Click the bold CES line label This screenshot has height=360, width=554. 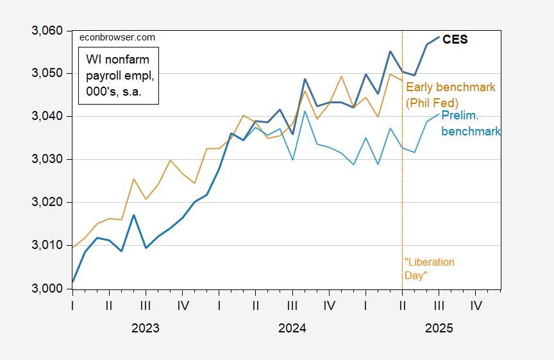click(x=455, y=40)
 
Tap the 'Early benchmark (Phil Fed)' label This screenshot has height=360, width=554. click(x=451, y=94)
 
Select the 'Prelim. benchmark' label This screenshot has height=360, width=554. click(x=471, y=123)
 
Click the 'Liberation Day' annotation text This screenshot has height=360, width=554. click(x=430, y=268)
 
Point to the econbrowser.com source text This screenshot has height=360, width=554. click(x=117, y=38)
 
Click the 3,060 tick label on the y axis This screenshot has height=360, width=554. click(x=46, y=31)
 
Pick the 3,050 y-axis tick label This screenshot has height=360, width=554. click(x=46, y=74)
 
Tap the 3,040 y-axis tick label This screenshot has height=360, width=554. click(x=46, y=117)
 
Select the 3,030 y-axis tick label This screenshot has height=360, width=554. click(x=46, y=160)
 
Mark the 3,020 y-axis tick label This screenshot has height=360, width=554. click(x=46, y=203)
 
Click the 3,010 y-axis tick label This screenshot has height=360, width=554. click(x=46, y=246)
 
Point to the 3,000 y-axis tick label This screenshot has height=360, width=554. click(x=46, y=289)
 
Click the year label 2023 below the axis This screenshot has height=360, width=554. click(x=146, y=328)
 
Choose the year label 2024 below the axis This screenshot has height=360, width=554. click(x=292, y=328)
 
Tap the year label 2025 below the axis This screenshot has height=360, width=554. click(x=439, y=328)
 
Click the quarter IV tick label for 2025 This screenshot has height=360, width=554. click(x=476, y=305)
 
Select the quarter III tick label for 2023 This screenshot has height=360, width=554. click(x=146, y=305)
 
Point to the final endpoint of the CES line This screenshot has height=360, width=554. click(x=439, y=37)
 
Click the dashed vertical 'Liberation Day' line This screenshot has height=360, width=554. click(x=403, y=193)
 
